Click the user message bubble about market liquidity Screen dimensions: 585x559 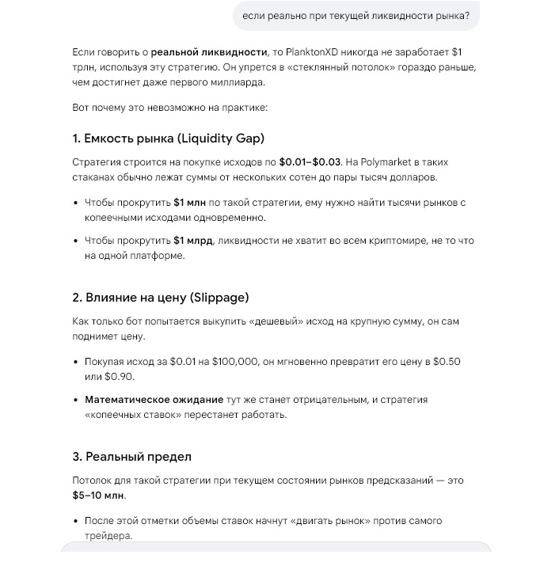point(356,16)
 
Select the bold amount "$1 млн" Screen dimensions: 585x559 point(190,203)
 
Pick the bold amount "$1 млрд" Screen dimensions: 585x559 point(193,241)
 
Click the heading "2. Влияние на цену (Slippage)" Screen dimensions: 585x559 point(161,298)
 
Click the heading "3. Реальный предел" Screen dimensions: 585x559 point(131,457)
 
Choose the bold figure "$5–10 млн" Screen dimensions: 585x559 point(98,495)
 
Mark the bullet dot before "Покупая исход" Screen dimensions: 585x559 point(76,362)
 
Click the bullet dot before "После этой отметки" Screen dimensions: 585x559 point(76,522)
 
